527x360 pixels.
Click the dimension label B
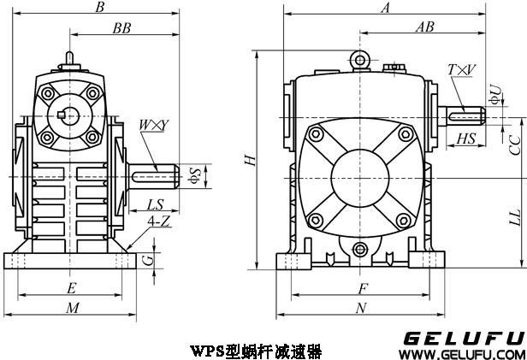(100, 9)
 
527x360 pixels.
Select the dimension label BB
(121, 28)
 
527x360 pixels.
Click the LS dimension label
(155, 205)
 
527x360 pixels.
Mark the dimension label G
(148, 257)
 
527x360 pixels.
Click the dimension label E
(71, 287)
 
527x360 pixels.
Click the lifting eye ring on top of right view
(360, 59)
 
